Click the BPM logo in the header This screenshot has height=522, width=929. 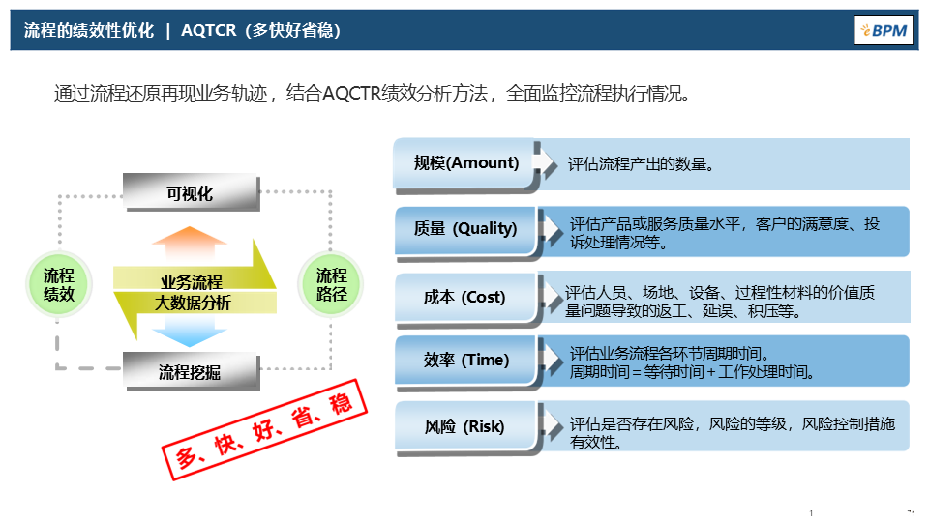point(882,30)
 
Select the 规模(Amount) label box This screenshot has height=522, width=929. point(465,163)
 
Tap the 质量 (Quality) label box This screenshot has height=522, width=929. point(465,229)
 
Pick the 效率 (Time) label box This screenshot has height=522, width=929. point(465,360)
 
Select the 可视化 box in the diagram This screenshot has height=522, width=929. point(191,193)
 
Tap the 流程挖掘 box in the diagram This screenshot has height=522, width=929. point(191,371)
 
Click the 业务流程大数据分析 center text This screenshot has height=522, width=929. point(194,292)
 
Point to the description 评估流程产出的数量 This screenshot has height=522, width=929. point(642,164)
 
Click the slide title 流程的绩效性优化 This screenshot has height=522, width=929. point(89,30)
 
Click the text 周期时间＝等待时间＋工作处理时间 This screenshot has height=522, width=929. point(692,371)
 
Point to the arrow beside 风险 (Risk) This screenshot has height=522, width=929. point(553,424)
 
